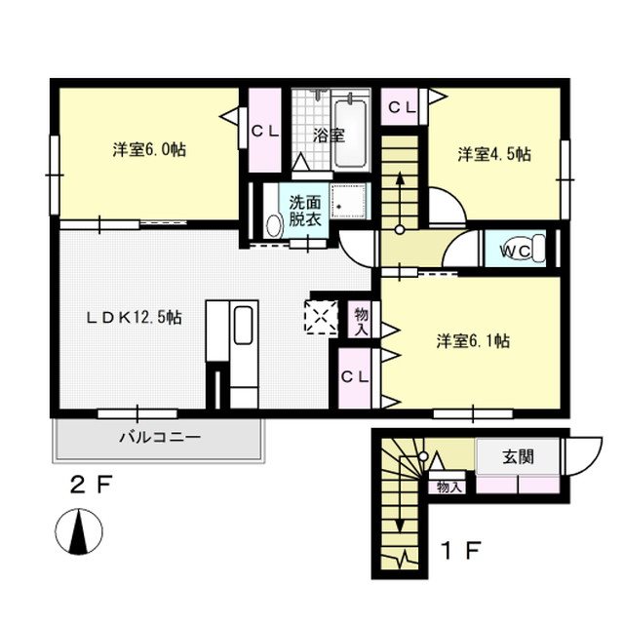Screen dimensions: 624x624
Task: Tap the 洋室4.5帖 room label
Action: [494, 153]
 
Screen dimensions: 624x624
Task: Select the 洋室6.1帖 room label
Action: [472, 341]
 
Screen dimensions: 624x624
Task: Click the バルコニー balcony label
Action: [160, 438]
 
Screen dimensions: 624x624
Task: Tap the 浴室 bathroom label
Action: [329, 136]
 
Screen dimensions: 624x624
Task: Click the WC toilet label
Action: [515, 251]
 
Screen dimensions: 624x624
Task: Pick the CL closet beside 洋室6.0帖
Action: [262, 130]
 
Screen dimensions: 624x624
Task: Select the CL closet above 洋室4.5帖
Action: [400, 108]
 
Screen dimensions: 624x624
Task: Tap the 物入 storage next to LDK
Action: [361, 321]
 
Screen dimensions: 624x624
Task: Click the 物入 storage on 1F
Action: [449, 486]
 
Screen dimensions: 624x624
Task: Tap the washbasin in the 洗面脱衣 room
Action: [272, 225]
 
